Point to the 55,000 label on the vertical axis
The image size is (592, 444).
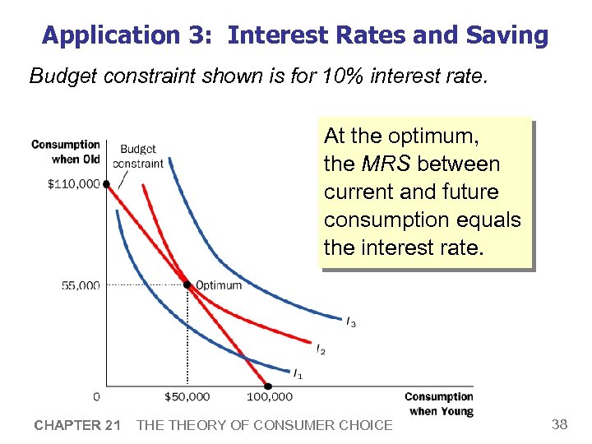(80, 285)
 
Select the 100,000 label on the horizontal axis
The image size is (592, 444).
(269, 397)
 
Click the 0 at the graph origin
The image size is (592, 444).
(96, 396)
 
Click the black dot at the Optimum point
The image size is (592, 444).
(187, 285)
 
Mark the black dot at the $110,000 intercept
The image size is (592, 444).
(107, 184)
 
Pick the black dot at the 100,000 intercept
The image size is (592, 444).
(268, 385)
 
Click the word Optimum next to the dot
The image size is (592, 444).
(219, 285)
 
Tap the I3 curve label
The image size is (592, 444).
(351, 321)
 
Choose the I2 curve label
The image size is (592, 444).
(321, 350)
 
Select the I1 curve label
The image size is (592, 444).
(298, 374)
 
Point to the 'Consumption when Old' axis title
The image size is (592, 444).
(66, 151)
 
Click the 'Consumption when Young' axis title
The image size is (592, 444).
(438, 404)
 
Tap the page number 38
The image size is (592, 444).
(559, 424)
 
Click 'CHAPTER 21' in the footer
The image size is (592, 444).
(77, 425)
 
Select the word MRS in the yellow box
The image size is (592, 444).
(386, 164)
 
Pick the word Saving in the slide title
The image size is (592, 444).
(506, 35)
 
